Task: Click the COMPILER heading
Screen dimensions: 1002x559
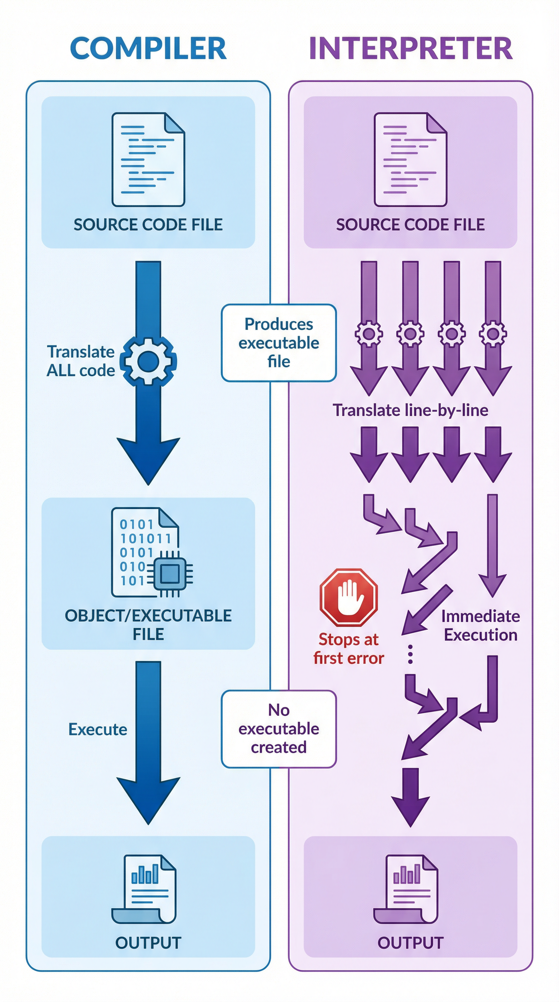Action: pos(148,49)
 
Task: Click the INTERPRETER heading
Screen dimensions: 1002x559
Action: pos(411,49)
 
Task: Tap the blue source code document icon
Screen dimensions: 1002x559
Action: pos(148,159)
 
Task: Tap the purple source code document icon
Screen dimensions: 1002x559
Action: pos(411,159)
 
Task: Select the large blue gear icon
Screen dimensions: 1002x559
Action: pos(148,361)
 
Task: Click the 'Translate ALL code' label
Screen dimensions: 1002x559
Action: pos(81,361)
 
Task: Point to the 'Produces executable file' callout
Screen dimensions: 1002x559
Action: pos(279,343)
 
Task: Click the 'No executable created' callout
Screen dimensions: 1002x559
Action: pos(279,729)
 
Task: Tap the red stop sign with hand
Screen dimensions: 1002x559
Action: pos(349,597)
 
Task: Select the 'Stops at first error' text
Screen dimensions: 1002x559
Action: pos(349,649)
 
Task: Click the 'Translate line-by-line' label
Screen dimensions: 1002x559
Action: pos(411,410)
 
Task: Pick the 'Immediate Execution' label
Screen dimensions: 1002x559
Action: pos(480,626)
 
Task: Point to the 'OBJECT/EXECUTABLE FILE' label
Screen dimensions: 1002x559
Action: pos(148,625)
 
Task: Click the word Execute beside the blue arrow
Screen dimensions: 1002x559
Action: pos(98,729)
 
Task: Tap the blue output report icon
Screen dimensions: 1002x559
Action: pos(144,889)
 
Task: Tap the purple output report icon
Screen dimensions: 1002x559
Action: pos(407,889)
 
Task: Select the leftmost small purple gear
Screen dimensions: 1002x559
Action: pos(369,334)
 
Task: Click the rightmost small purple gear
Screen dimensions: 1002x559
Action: pos(493,334)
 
